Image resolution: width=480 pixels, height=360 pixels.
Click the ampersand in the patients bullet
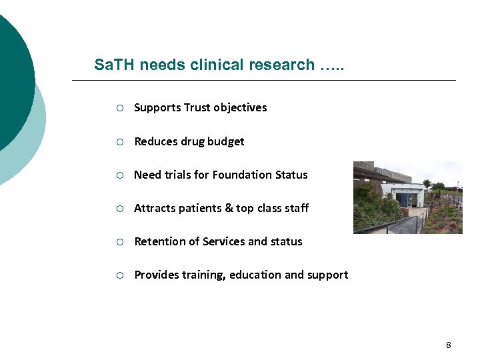pyautogui.click(x=229, y=208)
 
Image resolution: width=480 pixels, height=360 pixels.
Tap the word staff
pyautogui.click(x=296, y=208)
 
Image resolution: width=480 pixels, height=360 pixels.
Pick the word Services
pyautogui.click(x=218, y=241)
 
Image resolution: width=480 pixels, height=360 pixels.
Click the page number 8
pyautogui.click(x=449, y=345)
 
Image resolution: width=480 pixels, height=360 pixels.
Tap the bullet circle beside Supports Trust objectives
pyautogui.click(x=118, y=108)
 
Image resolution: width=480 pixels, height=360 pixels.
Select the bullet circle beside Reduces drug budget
pyautogui.click(x=118, y=141)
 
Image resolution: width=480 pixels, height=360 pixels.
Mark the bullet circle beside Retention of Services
pyautogui.click(x=118, y=241)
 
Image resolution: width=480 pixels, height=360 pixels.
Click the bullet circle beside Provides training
pyautogui.click(x=118, y=275)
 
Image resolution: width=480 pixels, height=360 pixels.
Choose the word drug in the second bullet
pyautogui.click(x=195, y=142)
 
